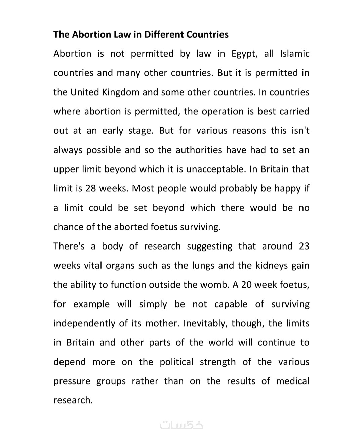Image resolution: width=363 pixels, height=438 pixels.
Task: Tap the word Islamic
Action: (x=294, y=54)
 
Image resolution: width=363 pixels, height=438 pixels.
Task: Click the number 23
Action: (x=304, y=247)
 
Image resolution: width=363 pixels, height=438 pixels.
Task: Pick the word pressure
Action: (x=72, y=381)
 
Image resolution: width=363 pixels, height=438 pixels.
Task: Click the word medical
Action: (x=292, y=381)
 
